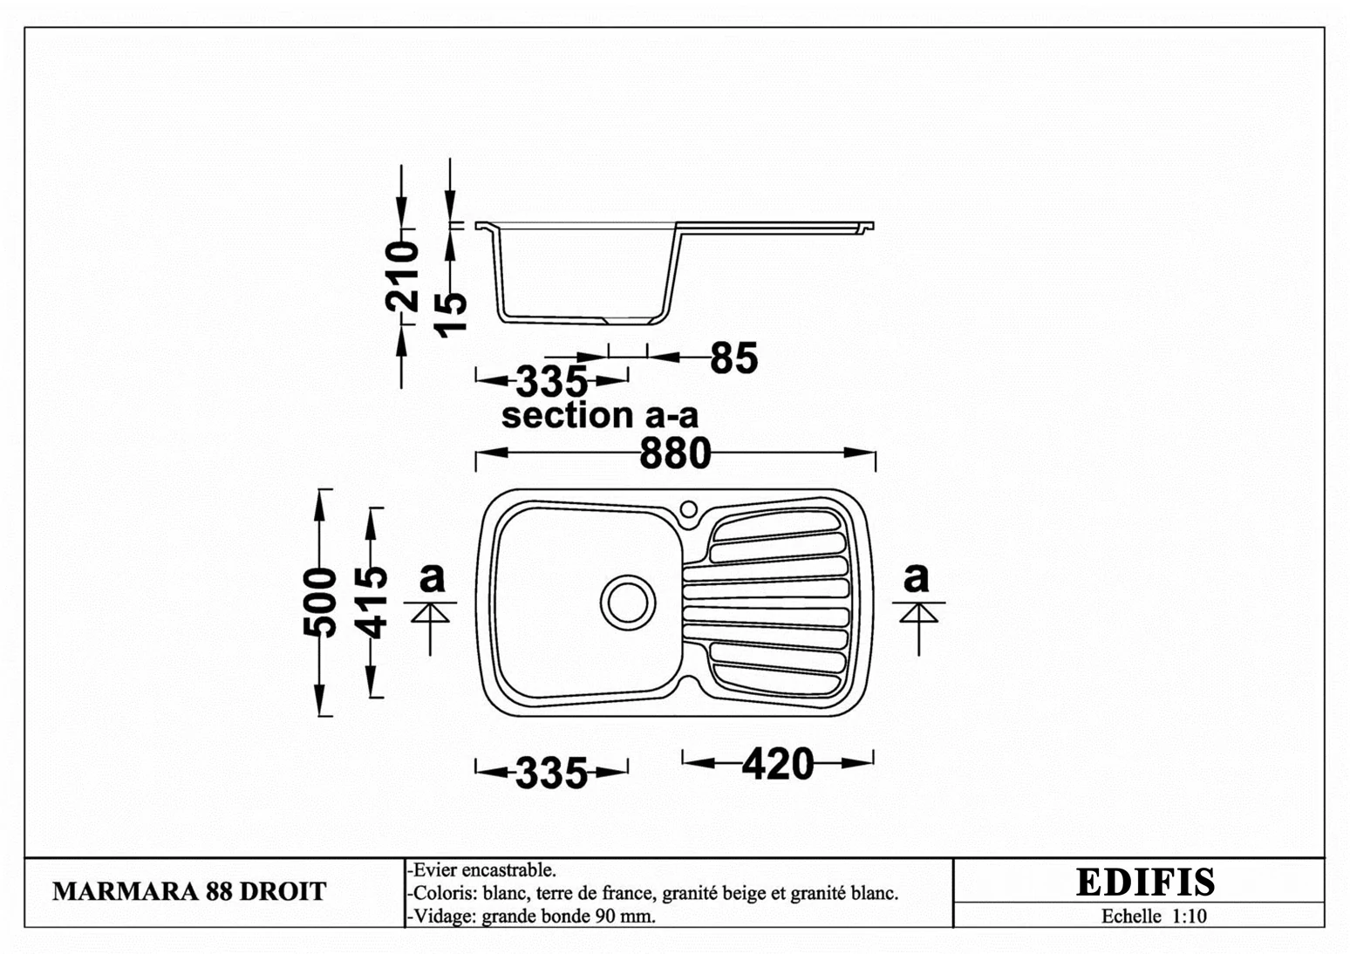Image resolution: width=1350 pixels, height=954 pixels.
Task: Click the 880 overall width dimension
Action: click(675, 453)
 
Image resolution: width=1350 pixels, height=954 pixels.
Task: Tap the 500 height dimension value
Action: click(319, 602)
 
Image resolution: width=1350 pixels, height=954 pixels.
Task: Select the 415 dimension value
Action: click(370, 602)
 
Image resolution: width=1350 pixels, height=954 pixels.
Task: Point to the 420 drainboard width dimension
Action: click(777, 764)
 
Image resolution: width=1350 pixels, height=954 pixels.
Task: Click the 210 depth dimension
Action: click(402, 276)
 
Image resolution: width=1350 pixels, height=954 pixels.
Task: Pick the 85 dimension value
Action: click(733, 358)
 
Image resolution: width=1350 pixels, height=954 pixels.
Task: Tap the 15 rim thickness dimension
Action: click(451, 314)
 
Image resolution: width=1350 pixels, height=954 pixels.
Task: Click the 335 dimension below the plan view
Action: click(551, 773)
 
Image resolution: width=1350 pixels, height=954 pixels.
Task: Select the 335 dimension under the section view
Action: click(551, 381)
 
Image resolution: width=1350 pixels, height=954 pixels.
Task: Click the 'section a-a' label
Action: click(600, 415)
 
